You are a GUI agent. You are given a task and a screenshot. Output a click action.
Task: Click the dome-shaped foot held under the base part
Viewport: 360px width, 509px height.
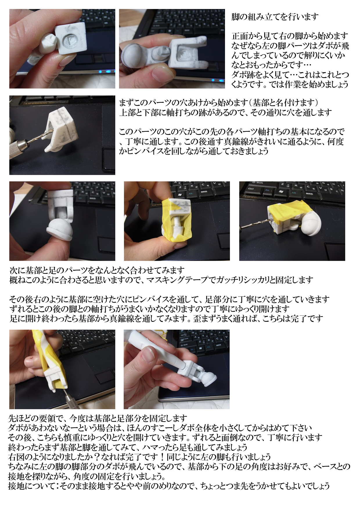click(x=60, y=229)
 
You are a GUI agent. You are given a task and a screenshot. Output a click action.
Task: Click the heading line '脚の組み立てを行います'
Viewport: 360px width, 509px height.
click(x=275, y=17)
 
